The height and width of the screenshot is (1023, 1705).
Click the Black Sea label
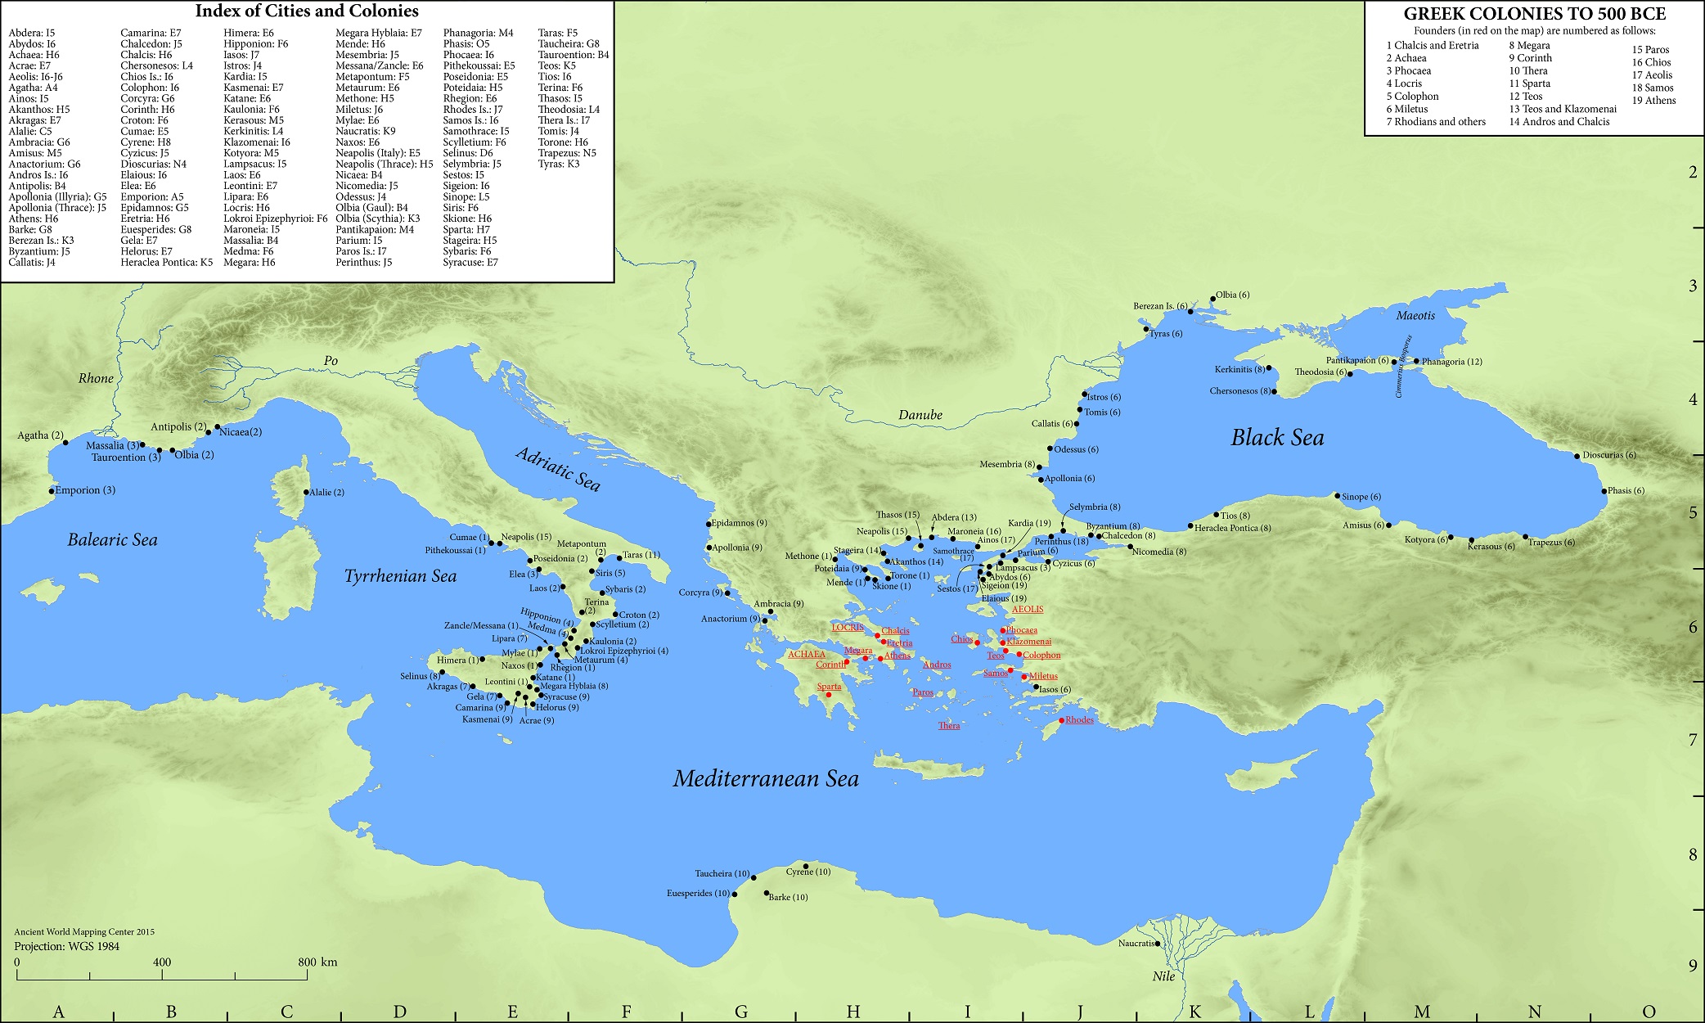click(1276, 438)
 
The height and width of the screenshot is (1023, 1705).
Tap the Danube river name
click(920, 415)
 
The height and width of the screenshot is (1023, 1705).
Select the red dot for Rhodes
click(1062, 720)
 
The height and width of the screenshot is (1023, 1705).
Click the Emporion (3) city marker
click(51, 491)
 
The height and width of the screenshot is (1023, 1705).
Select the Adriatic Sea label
click(558, 470)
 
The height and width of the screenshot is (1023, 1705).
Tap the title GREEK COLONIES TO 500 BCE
click(1534, 14)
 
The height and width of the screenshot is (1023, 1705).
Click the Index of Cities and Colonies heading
click(306, 11)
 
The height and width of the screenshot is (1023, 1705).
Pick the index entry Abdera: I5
click(31, 33)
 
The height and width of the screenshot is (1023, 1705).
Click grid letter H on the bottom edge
click(853, 1012)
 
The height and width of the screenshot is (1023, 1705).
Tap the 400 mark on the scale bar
click(161, 962)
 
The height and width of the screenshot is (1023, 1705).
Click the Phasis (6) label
click(1626, 491)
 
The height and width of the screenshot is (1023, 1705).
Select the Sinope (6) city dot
click(1337, 496)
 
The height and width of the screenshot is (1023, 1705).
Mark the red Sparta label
click(829, 687)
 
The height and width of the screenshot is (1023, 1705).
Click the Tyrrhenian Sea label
click(400, 576)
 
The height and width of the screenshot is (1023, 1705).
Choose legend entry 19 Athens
click(1653, 101)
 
